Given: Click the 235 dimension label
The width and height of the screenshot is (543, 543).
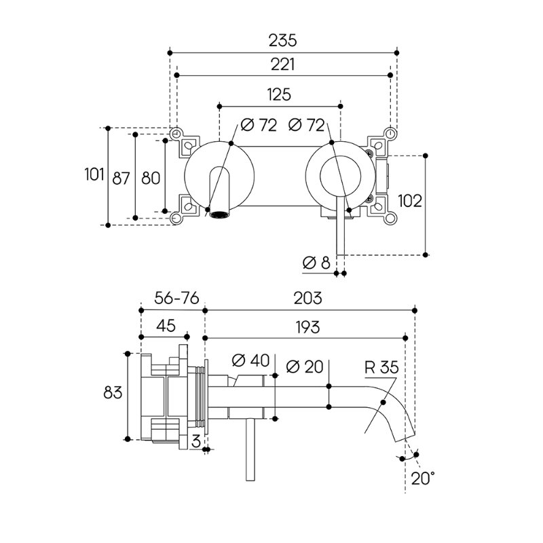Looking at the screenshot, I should coord(282,40).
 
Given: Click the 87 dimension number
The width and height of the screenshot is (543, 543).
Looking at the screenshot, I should coord(120,178).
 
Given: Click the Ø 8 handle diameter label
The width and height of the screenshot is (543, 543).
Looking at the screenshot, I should coord(317,263).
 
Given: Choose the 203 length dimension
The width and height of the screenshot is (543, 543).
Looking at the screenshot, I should coord(308,299).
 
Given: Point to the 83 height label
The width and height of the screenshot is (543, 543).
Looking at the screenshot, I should coord(113,393).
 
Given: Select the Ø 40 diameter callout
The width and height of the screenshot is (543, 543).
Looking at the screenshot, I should coord(251,361).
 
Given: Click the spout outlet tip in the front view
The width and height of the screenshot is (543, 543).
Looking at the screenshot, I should coord(219,216).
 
